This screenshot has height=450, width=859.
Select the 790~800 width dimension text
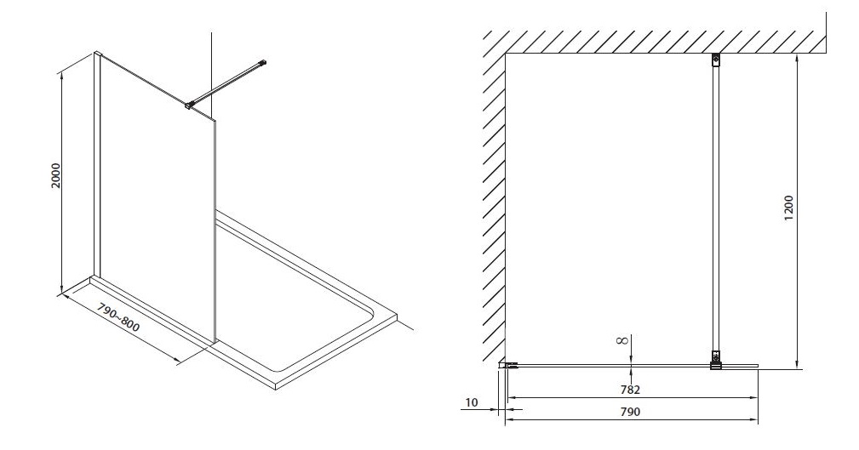point(117,317)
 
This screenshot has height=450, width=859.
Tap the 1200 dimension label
point(788,208)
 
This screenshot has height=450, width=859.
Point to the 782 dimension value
point(630,390)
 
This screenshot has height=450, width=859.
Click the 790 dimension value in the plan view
point(630,412)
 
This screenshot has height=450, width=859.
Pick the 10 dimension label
point(471,403)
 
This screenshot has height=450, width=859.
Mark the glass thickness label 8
point(621,340)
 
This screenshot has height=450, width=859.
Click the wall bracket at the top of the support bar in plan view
point(716,60)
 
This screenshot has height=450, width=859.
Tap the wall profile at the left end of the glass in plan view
point(508,365)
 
